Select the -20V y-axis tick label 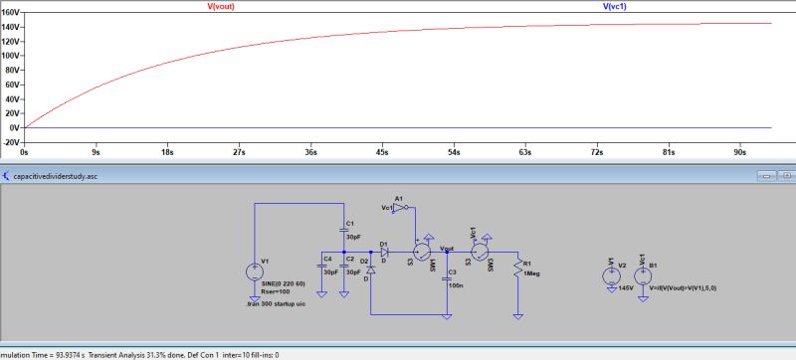coord(11,142)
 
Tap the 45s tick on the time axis coord(382,154)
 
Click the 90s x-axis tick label coord(739,154)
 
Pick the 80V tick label coord(13,71)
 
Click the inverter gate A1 coord(399,208)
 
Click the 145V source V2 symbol coord(610,271)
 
